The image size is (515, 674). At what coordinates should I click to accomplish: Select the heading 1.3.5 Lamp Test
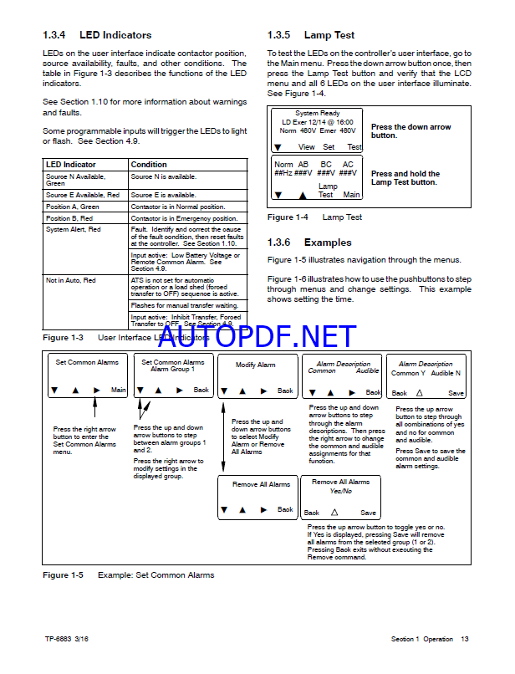(311, 35)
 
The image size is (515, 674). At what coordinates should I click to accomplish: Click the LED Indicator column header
(71, 165)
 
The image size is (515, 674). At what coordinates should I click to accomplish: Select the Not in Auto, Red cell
(71, 281)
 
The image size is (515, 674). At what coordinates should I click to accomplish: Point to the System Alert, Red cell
(74, 229)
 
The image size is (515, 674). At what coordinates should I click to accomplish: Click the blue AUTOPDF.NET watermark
(257, 336)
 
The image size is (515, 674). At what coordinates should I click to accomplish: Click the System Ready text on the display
(318, 114)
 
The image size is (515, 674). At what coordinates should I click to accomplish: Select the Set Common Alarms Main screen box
(87, 376)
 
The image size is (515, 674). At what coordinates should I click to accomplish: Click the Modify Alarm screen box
(255, 376)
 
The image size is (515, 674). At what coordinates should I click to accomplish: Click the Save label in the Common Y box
(456, 393)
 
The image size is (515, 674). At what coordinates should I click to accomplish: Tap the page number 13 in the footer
(465, 640)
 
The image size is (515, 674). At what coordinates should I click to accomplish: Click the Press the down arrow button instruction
(410, 131)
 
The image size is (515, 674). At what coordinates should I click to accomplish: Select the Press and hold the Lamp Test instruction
(405, 178)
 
